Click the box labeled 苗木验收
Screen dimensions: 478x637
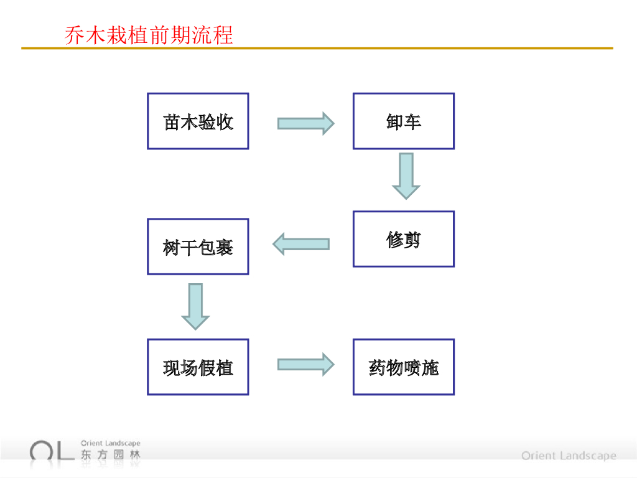click(198, 121)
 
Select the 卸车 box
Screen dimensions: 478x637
click(404, 121)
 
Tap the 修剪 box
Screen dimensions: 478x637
click(404, 239)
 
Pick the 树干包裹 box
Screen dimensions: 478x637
click(198, 246)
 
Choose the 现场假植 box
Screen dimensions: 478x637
click(198, 367)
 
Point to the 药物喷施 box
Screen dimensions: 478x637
click(404, 367)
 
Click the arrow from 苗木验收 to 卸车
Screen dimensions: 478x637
click(305, 123)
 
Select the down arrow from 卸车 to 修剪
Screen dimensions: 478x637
click(406, 176)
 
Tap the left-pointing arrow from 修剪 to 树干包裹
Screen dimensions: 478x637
click(301, 244)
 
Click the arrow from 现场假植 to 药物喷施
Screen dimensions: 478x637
click(305, 365)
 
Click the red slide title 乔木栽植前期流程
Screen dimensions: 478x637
click(149, 35)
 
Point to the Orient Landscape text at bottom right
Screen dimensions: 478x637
click(569, 456)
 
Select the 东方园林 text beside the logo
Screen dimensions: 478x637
click(110, 455)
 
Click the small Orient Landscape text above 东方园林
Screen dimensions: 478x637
click(110, 444)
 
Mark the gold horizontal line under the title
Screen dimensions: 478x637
click(317, 48)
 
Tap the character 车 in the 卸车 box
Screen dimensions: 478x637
click(412, 122)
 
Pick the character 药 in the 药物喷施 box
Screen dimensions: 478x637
click(378, 368)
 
